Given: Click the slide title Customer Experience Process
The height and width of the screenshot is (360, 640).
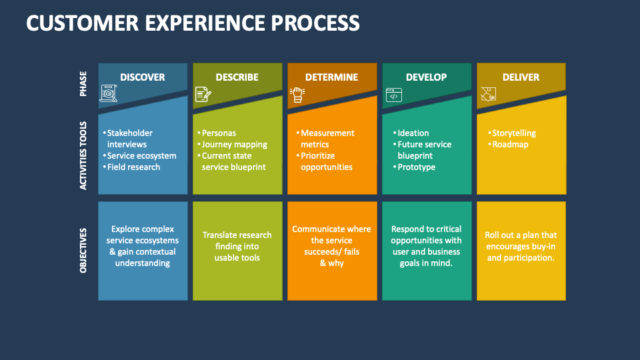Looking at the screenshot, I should coord(193,23).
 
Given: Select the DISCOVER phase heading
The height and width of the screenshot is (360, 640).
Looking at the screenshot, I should coord(142,77).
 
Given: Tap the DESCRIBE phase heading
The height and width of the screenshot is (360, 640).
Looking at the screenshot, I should coord(237,77).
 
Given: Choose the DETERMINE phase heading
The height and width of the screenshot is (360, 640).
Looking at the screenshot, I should coord(331,77).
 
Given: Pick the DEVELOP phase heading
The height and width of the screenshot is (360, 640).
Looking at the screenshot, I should coord(426,77).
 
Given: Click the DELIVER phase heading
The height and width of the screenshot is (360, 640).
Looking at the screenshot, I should coord(521,77).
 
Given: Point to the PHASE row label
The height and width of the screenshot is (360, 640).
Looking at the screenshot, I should coord(83,84).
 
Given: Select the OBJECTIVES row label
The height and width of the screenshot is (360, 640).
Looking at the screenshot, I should coord(83,250).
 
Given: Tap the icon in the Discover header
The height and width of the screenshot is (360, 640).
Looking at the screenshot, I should coord(108,94).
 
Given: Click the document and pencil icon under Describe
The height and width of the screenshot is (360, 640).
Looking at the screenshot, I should coord(203,95).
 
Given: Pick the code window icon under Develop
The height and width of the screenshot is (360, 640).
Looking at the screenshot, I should coord(393,95).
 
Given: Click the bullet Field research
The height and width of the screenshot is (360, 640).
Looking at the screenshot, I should coord(133,167).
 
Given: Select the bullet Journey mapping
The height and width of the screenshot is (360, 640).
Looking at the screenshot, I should coord(234,145).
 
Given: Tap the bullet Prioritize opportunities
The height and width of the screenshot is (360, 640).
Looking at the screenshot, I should coord(326,161).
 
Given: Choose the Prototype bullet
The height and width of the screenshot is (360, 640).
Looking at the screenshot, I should coord(416,167).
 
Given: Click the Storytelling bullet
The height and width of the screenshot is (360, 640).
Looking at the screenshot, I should coord(513,133).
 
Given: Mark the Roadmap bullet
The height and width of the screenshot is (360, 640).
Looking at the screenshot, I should coord(510,145).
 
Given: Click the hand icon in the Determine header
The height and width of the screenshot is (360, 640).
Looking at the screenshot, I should coord(297,95).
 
